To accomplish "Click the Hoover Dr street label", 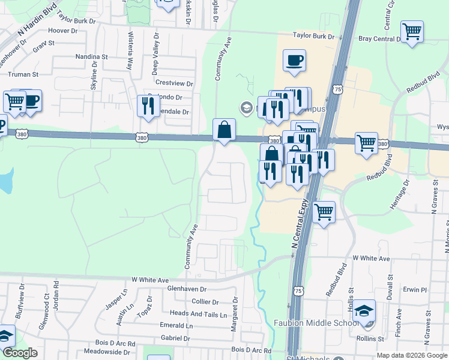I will point(62,30).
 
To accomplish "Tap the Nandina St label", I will point(91,56).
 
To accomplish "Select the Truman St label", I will point(23,74).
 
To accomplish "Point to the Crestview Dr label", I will point(174,83).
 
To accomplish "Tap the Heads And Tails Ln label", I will point(199,313).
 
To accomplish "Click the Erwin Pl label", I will point(415,290).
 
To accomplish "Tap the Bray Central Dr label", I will point(379,38).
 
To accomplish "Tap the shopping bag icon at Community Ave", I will point(224,130).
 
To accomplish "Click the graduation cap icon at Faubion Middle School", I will point(364,311).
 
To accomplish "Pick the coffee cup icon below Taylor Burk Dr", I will point(294,61).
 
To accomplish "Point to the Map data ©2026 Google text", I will point(412,355).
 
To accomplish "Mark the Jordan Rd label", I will point(56,291).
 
